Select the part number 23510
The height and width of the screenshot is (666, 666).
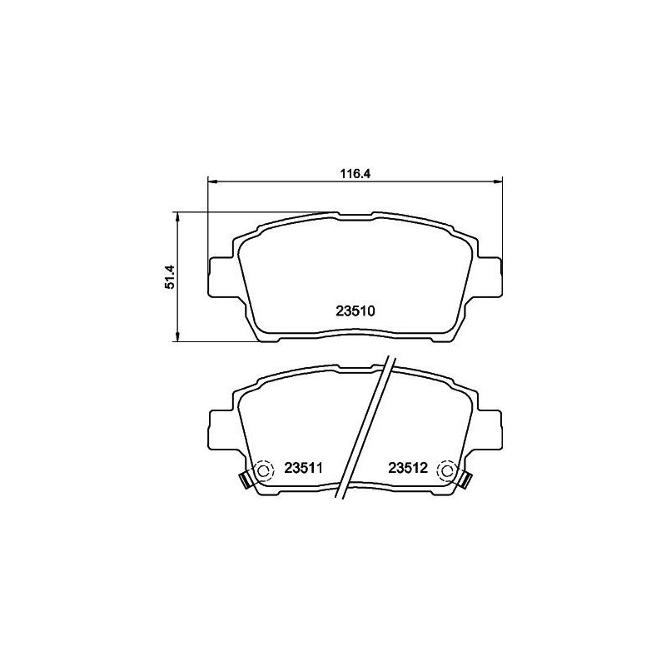point(357,312)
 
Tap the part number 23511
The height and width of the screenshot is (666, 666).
point(304,469)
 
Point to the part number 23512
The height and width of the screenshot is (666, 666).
point(407,469)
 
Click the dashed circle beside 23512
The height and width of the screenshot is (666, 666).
point(447,471)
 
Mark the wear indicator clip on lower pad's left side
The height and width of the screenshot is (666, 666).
point(246,480)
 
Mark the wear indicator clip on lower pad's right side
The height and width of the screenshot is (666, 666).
point(466,480)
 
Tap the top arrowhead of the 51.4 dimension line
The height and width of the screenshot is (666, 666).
point(176,216)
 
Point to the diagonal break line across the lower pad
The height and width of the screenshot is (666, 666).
point(363,429)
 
